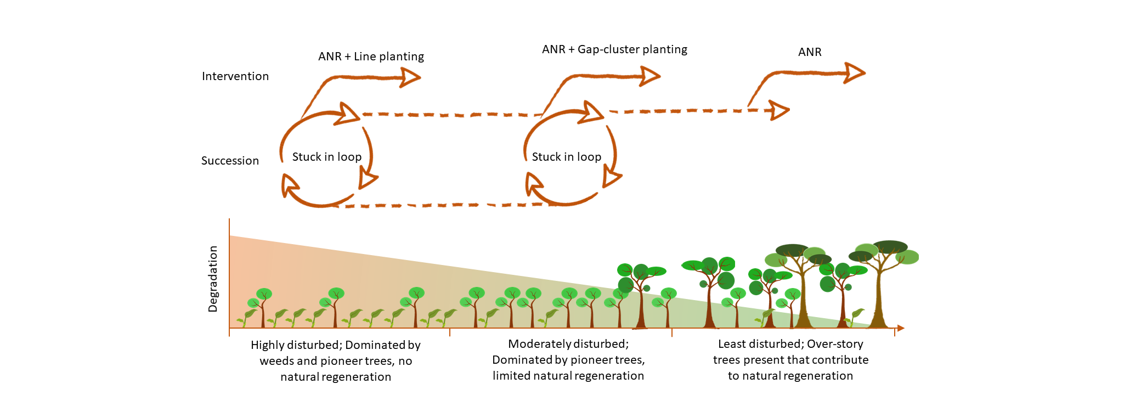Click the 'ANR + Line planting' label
coord(371,57)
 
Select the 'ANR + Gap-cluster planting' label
coord(614,49)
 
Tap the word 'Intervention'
coord(235,76)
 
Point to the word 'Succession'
coord(230,161)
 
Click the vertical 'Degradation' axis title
coord(213,279)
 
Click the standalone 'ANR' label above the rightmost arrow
coord(810,52)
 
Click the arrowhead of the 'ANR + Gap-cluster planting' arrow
coord(651,76)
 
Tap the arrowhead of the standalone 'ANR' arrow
coord(855,72)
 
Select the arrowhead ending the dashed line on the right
coord(780,110)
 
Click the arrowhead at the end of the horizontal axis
coord(900,328)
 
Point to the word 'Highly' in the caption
coord(268,345)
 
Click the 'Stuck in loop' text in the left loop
coord(327,157)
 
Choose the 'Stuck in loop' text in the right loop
coord(567,157)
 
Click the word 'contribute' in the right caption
coord(841,360)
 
